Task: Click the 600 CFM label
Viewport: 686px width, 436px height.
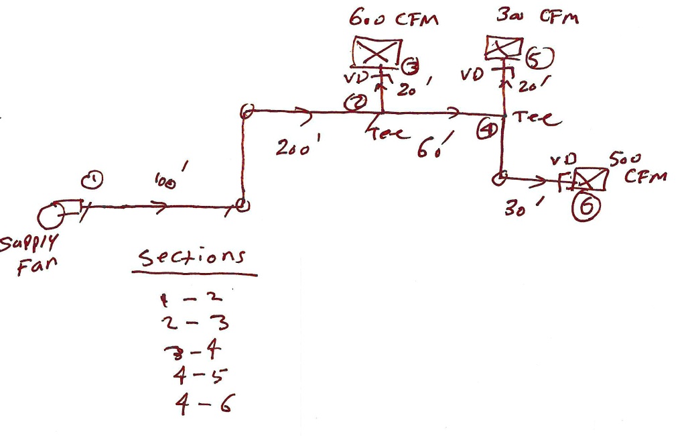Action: tap(393, 18)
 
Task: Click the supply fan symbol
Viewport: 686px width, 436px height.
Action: tap(51, 216)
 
